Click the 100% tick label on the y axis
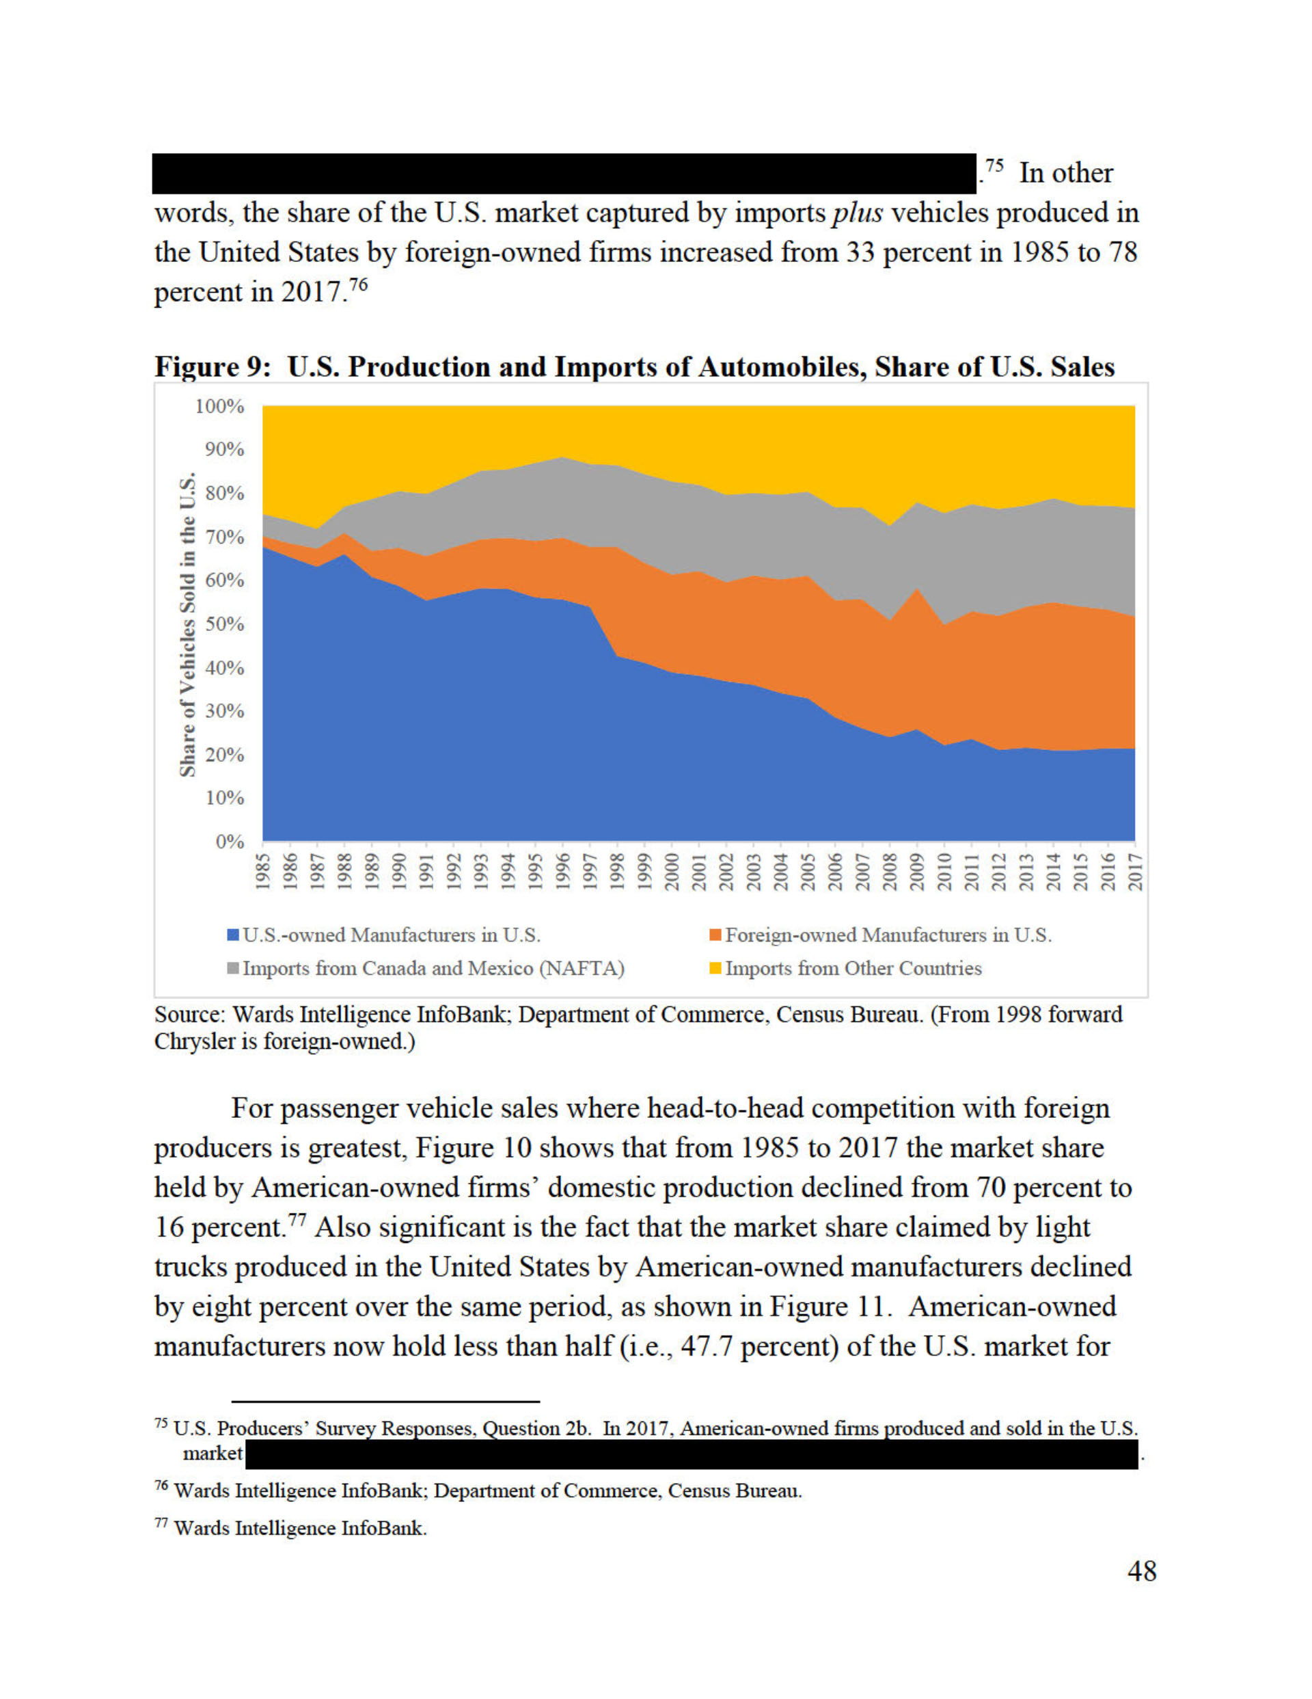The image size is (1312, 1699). pos(219,406)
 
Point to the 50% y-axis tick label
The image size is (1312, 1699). pos(224,624)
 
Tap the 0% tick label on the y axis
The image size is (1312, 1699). pos(230,842)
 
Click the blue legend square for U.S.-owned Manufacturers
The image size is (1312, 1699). pos(232,935)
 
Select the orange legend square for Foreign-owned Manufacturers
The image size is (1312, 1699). pos(715,935)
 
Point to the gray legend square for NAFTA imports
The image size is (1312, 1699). pos(232,969)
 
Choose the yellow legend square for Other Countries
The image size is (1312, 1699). pos(715,969)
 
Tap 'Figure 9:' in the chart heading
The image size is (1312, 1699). pos(213,366)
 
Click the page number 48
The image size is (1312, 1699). pos(1142,1570)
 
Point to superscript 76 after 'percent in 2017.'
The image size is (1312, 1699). pos(357,284)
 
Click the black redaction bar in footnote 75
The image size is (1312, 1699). pos(692,1453)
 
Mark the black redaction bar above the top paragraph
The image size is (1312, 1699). pos(564,173)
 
